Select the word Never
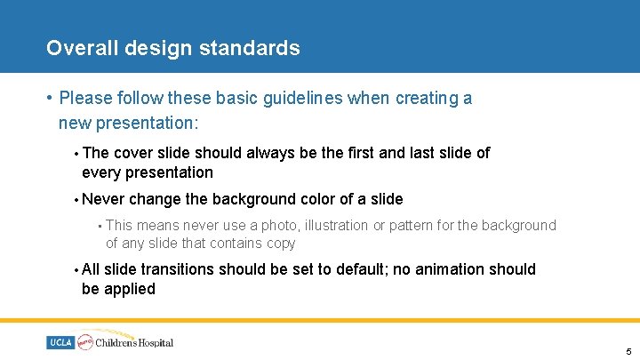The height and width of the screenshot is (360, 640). (x=104, y=199)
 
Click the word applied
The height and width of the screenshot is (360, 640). (x=132, y=289)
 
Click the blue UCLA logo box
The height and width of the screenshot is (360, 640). (x=61, y=342)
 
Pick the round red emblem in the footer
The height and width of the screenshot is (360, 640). (x=86, y=341)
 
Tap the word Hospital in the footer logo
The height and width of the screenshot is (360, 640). (x=155, y=342)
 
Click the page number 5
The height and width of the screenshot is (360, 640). (x=628, y=352)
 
